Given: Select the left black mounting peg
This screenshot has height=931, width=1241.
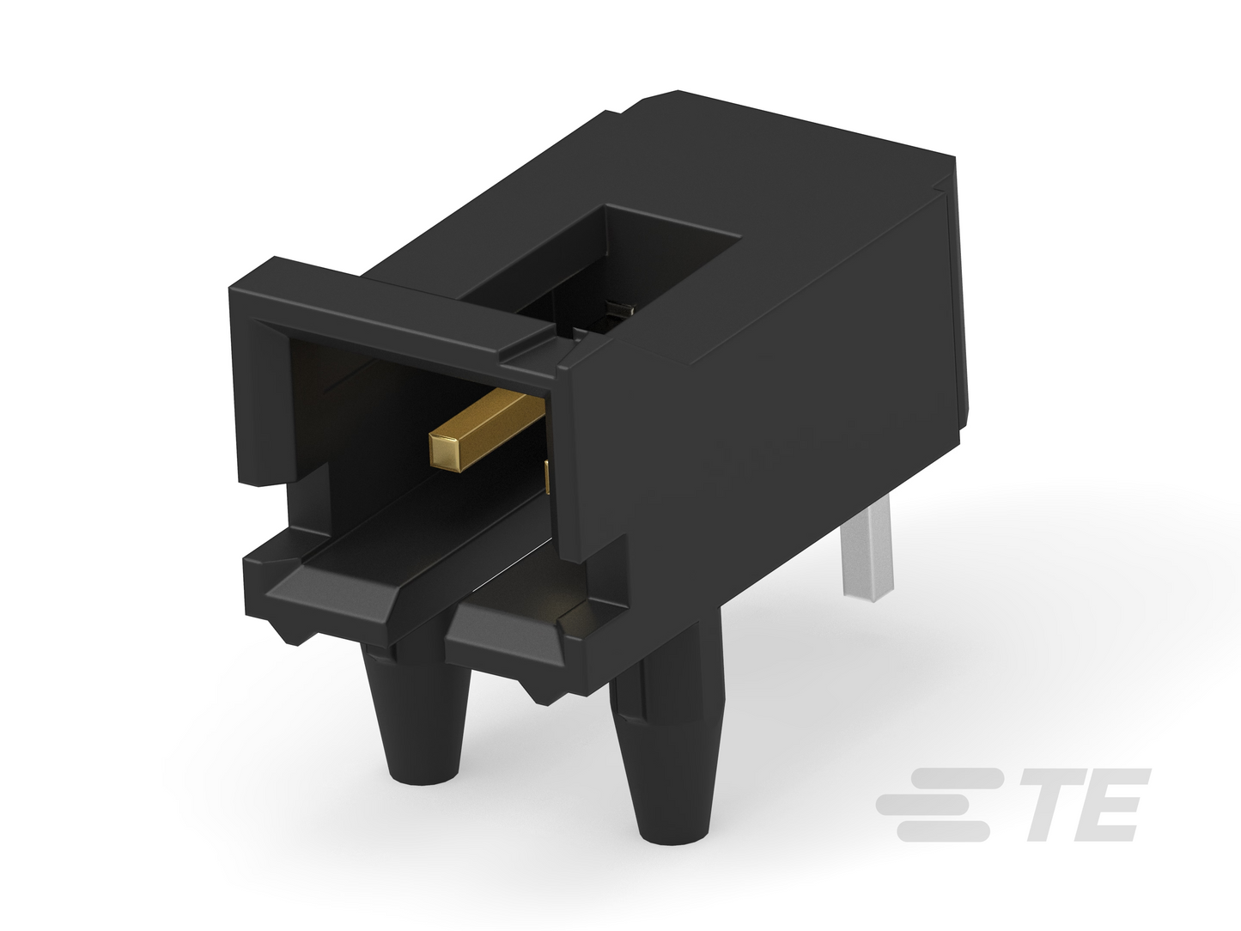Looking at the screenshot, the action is [417, 715].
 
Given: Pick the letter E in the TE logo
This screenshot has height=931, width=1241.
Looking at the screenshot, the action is [1111, 805].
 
